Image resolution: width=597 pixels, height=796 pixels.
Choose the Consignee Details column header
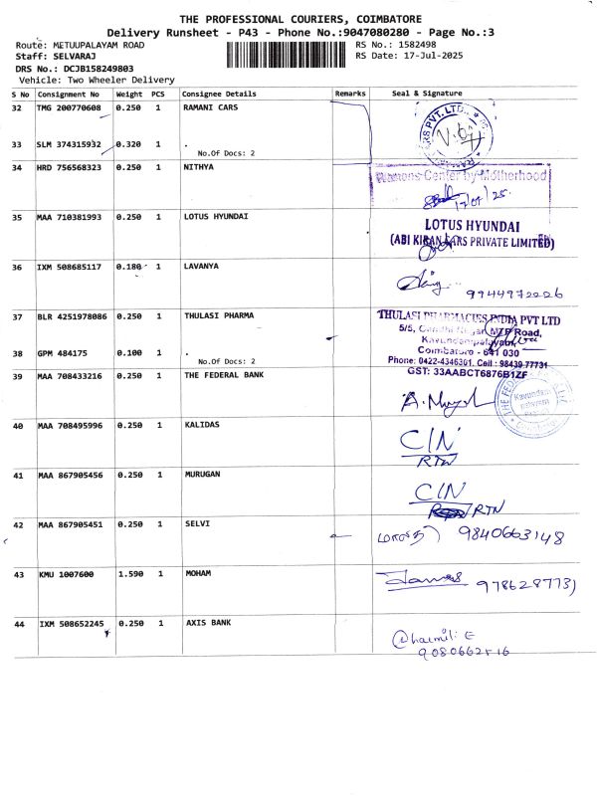pos(220,94)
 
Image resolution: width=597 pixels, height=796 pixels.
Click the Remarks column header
pos(351,94)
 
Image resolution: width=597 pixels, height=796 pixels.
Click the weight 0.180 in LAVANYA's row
pos(129,268)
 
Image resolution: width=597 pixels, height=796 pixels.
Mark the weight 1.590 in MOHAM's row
pos(129,574)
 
